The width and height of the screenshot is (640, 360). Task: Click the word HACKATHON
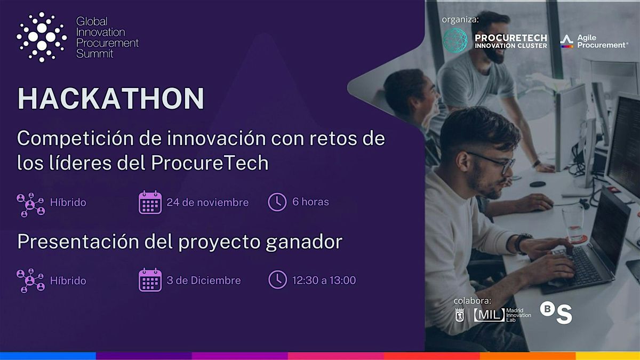tap(110, 99)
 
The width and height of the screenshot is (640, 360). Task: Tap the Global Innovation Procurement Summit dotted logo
tap(41, 37)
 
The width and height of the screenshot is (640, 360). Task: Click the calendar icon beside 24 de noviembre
tap(150, 203)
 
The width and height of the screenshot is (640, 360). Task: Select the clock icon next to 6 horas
tap(277, 202)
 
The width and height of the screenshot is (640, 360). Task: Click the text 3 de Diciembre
tap(204, 281)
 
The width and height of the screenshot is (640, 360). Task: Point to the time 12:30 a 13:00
tap(324, 280)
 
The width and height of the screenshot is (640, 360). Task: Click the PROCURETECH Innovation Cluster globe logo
tap(455, 41)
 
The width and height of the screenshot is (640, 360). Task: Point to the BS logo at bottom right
tap(556, 313)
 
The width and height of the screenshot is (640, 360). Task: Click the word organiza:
tap(460, 20)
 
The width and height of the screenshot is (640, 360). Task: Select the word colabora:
tap(473, 300)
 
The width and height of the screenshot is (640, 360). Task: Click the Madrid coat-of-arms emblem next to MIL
tap(460, 315)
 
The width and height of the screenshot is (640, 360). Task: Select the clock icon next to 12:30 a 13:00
tap(277, 279)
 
